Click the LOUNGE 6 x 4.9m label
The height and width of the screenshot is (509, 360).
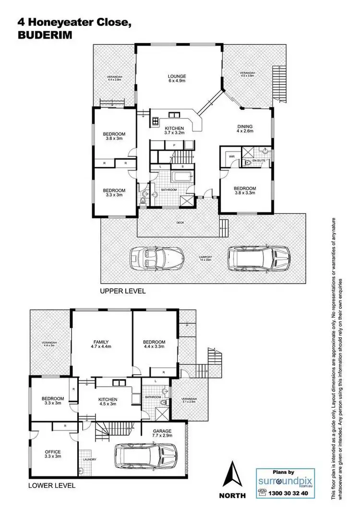point(177,79)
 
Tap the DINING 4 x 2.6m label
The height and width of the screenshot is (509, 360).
point(245,129)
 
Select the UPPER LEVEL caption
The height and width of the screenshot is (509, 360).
point(122,291)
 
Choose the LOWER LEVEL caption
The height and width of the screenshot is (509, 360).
point(52,485)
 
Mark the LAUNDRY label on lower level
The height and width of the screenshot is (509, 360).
point(89,460)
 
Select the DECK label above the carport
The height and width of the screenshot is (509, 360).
point(180,223)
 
